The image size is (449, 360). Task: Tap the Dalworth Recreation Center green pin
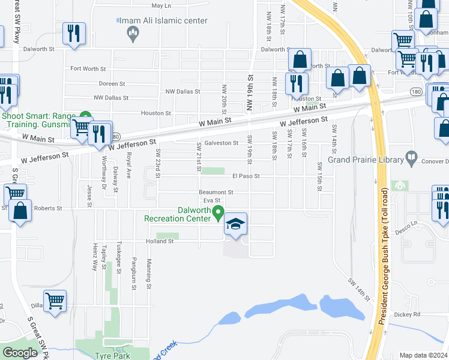tap(218, 211)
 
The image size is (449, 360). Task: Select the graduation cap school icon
tap(236, 224)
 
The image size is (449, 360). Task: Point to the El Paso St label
tap(246, 176)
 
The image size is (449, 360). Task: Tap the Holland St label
tap(158, 241)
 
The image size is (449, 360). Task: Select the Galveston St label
tap(221, 143)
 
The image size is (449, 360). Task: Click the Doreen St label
tap(112, 84)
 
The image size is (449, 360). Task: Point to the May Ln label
tap(161, 5)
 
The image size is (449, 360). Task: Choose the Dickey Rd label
tap(408, 314)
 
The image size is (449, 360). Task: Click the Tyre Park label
tap(108, 355)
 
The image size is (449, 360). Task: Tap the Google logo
tap(20, 353)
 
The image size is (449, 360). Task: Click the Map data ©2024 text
tap(423, 355)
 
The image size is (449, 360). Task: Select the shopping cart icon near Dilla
tap(55, 301)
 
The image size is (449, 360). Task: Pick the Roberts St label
tap(47, 208)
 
